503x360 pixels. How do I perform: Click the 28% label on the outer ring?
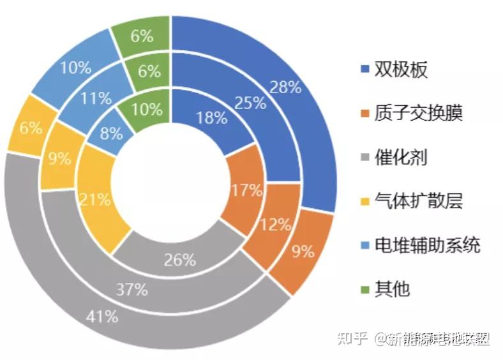285,87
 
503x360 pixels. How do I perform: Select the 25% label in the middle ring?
250,102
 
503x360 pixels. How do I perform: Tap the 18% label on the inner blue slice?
211,117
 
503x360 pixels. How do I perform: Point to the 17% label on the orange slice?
246,190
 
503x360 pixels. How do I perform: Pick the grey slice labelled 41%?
103,315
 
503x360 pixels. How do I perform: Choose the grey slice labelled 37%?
132,289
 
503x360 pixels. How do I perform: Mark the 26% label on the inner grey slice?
180,260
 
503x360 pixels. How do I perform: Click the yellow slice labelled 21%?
94,200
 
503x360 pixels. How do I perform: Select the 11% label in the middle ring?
95,98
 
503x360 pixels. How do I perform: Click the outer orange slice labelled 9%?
303,251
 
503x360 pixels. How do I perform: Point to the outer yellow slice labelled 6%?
30,128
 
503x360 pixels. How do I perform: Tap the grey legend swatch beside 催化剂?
364,158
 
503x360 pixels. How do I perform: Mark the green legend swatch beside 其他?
364,289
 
